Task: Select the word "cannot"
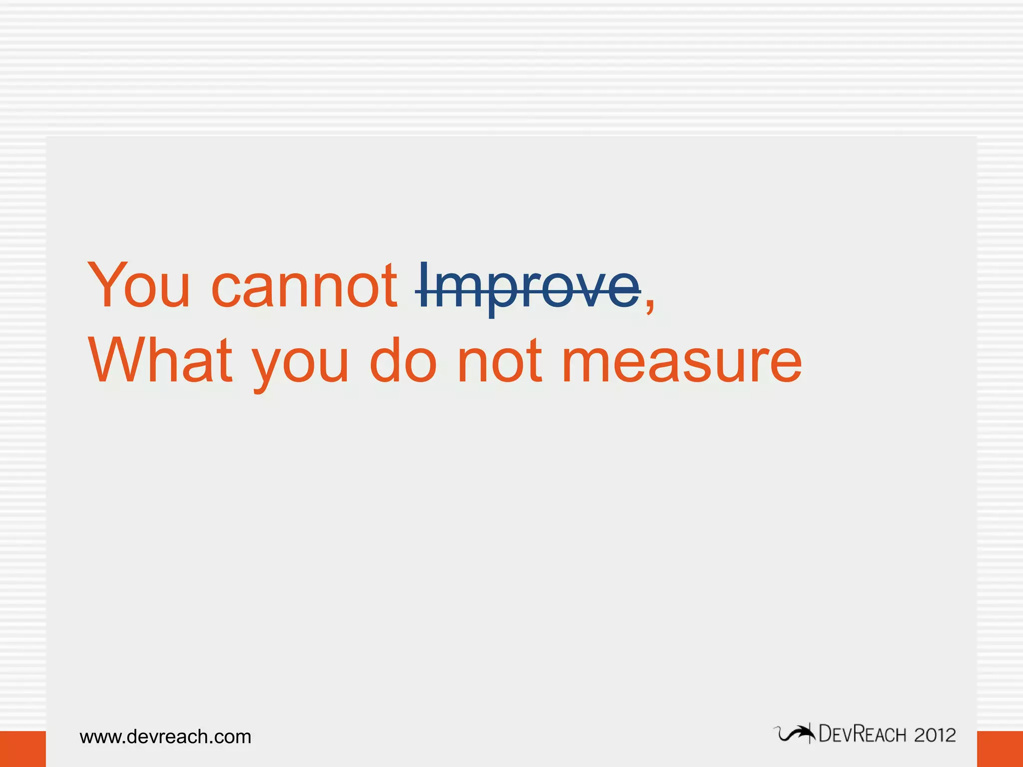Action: (x=304, y=287)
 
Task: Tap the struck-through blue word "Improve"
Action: (x=528, y=288)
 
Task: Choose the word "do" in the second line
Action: (x=403, y=361)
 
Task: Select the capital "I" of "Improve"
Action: (x=424, y=285)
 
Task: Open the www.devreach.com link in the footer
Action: (x=165, y=737)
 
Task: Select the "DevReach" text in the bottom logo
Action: (x=862, y=735)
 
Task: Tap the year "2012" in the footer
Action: (x=935, y=735)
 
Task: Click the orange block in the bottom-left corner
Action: (x=22, y=749)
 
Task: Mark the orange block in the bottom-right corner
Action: (x=1000, y=749)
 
